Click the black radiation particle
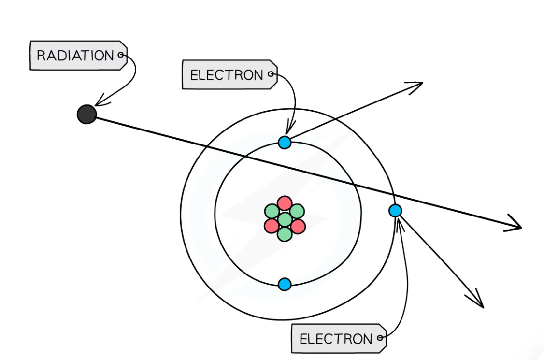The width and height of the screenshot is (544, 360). pos(87,114)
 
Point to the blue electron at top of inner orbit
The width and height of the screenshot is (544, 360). pos(285,142)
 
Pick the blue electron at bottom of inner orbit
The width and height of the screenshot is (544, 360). pos(285,284)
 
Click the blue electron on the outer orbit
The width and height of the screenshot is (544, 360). pos(395,211)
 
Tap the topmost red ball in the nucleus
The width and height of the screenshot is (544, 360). pos(285,203)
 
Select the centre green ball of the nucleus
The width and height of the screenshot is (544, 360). pos(285,219)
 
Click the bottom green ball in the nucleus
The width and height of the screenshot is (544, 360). pos(285,234)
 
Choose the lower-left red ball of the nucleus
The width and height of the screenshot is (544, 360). pos(272,226)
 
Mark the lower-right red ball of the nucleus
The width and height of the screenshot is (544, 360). pos(298,226)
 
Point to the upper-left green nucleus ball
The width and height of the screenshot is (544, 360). pos(272,212)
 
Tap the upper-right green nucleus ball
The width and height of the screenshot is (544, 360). pos(297,211)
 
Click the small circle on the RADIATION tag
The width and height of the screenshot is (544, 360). pos(120,55)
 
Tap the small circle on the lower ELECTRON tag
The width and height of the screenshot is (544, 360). pos(380,338)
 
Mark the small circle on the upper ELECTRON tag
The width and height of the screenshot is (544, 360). pos(271,74)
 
